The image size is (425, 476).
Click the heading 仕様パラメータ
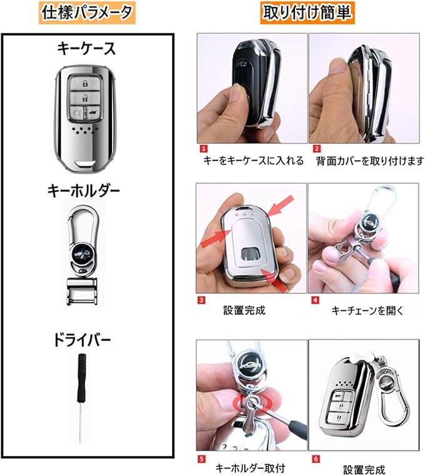tap(87, 13)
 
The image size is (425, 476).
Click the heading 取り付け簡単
tap(307, 13)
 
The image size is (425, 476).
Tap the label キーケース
tap(86, 49)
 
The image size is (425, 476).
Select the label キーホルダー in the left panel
tap(83, 191)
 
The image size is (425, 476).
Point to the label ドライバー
tap(82, 340)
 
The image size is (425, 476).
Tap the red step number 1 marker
tap(204, 148)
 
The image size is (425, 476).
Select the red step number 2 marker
tap(317, 148)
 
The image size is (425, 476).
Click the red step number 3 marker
tap(201, 300)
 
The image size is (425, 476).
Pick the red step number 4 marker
tap(315, 300)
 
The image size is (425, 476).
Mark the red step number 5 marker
tap(202, 459)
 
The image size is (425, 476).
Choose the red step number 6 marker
tap(315, 459)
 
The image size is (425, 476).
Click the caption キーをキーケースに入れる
tap(253, 161)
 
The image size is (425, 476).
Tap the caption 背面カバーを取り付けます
tap(370, 161)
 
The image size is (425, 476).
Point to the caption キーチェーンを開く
tap(367, 310)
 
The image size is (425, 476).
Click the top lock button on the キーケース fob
tap(84, 83)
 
